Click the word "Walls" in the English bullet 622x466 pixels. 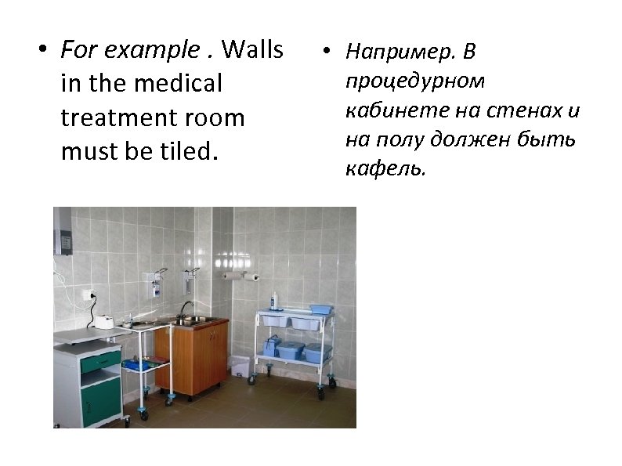[x=253, y=51]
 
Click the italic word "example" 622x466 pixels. [x=152, y=51]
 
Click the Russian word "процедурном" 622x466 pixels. [x=415, y=81]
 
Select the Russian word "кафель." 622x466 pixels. [x=386, y=169]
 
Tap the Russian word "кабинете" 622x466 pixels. [x=388, y=110]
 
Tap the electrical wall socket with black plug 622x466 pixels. [x=88, y=295]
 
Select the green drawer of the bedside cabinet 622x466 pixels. [x=100, y=362]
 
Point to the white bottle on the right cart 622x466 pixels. [x=274, y=300]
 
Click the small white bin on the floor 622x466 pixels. [x=240, y=367]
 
